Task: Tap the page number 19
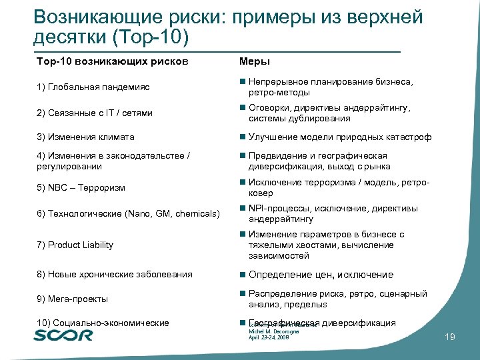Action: pos(449,338)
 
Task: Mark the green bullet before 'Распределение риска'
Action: pos(242,294)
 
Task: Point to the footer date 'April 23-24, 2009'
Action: pos(269,338)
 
